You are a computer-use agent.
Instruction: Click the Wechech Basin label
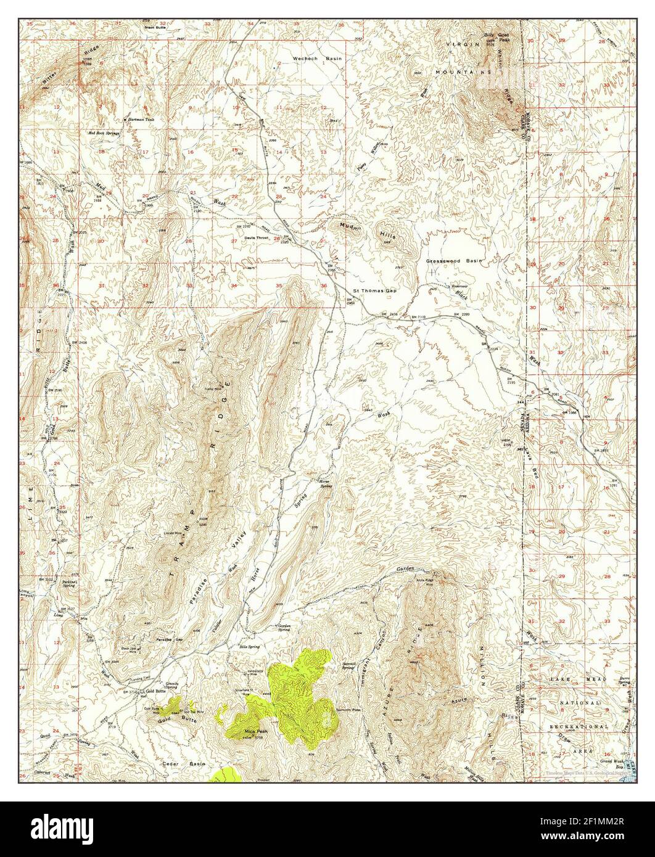(316, 58)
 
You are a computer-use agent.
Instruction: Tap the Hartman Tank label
(140, 119)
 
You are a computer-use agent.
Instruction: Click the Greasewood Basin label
(453, 261)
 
